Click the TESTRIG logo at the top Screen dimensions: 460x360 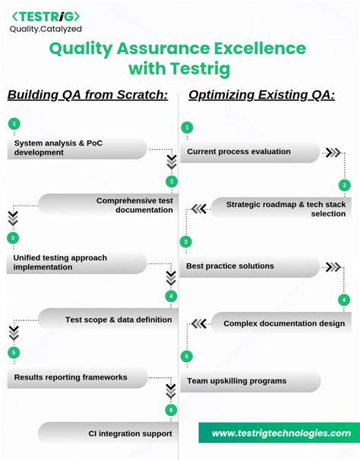tap(45, 16)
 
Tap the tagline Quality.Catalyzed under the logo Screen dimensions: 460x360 tap(45, 29)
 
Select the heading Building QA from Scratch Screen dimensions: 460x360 tap(87, 95)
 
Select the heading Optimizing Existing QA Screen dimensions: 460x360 tap(261, 95)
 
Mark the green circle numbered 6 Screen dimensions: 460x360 tap(172, 410)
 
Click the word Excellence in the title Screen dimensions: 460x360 tap(254, 49)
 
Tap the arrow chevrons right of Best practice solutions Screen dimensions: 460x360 tap(333, 266)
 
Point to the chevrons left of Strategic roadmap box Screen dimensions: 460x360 tap(198, 209)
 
